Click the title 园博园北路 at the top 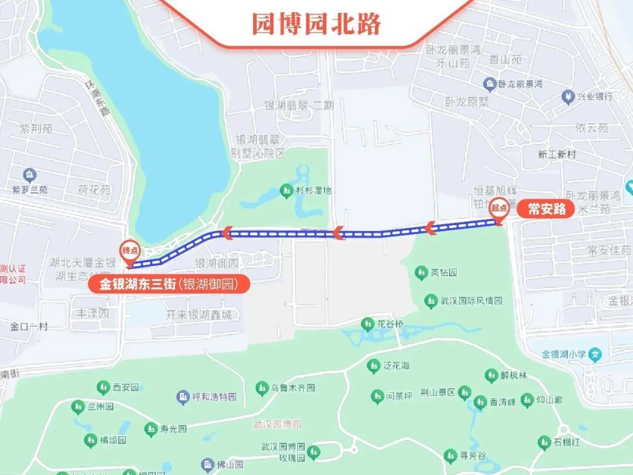tap(316, 23)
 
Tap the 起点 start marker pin tap(499, 209)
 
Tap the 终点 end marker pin tap(130, 252)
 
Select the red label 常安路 tap(546, 209)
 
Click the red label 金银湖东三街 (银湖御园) tap(169, 284)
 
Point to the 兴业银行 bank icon tap(567, 96)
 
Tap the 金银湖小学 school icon tap(595, 354)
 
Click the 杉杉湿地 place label tap(312, 190)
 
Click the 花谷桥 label tap(390, 324)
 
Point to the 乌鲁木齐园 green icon tap(262, 388)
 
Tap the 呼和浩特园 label tap(215, 397)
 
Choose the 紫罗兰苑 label tap(30, 189)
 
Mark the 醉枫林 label tap(513, 375)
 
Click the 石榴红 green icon tap(544, 442)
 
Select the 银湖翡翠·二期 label tap(298, 106)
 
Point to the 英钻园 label tap(444, 273)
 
